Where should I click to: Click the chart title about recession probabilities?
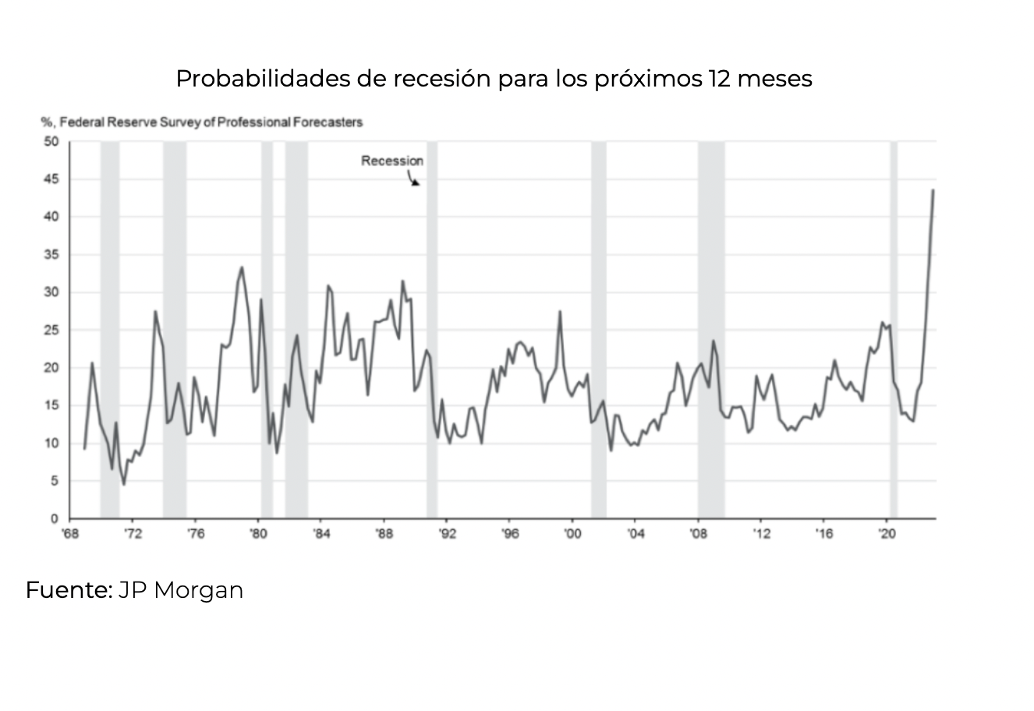[x=494, y=79]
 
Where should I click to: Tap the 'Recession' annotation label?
[x=392, y=161]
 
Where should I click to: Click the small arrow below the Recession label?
[x=414, y=180]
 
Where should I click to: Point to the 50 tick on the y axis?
[x=51, y=142]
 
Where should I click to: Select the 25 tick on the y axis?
[x=51, y=331]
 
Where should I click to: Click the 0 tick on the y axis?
[x=55, y=519]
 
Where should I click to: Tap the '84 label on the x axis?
[x=321, y=534]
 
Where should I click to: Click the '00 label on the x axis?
[x=572, y=534]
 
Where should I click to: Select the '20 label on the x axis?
[x=887, y=534]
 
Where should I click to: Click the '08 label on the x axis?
[x=698, y=534]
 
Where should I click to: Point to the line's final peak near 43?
[x=933, y=190]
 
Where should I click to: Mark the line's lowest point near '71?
[x=123, y=484]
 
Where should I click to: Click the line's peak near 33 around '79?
[x=242, y=267]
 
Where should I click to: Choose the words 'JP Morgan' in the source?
[x=181, y=590]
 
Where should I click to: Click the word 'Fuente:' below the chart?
[x=69, y=590]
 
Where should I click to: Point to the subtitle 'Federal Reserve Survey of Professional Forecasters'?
[x=211, y=122]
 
